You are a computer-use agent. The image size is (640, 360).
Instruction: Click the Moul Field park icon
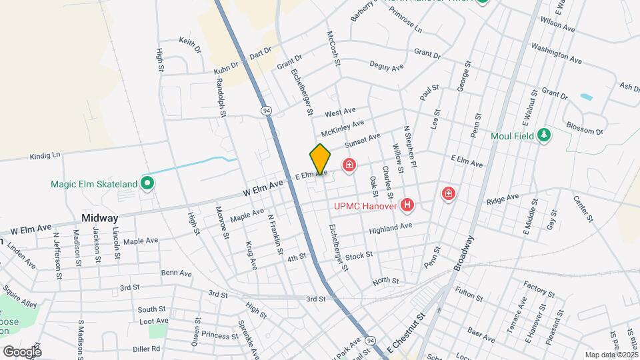[x=545, y=135]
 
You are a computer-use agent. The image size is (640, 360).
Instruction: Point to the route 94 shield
[x=267, y=110]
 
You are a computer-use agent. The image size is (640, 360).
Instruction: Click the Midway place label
[x=99, y=218]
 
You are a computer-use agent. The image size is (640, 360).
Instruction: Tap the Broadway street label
[x=465, y=253]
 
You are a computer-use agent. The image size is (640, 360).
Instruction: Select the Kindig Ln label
[x=45, y=156]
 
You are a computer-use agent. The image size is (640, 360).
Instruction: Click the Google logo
[x=21, y=351]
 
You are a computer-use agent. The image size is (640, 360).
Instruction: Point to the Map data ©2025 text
[x=611, y=355]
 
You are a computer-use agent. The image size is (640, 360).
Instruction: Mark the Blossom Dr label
[x=583, y=128]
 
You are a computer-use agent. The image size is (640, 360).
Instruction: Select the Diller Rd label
[x=146, y=348]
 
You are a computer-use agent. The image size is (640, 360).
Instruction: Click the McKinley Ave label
[x=343, y=126]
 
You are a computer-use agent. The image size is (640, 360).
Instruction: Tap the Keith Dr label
[x=190, y=45]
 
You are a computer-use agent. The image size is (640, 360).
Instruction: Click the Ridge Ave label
[x=502, y=198]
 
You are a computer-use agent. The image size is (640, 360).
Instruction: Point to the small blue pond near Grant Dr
[x=586, y=97]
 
